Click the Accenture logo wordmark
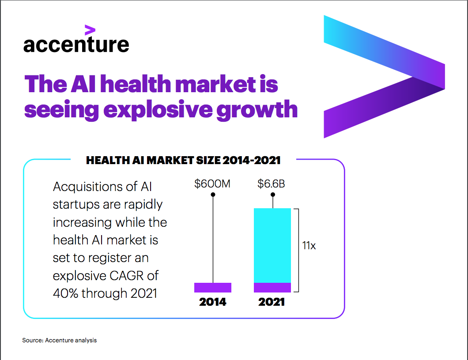(76, 45)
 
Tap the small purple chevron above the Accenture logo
(90, 30)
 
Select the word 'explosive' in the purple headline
(158, 110)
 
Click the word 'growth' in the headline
(257, 110)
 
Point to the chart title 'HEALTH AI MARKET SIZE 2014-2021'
(183, 161)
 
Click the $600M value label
(212, 184)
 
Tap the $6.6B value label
(271, 184)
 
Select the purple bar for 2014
(213, 288)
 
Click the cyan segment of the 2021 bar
(272, 245)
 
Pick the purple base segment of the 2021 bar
(272, 288)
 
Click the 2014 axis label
(212, 302)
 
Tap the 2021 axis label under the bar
(272, 302)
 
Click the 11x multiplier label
(309, 245)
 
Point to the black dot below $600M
(213, 195)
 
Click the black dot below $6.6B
(273, 195)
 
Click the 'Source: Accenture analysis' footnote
(60, 340)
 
